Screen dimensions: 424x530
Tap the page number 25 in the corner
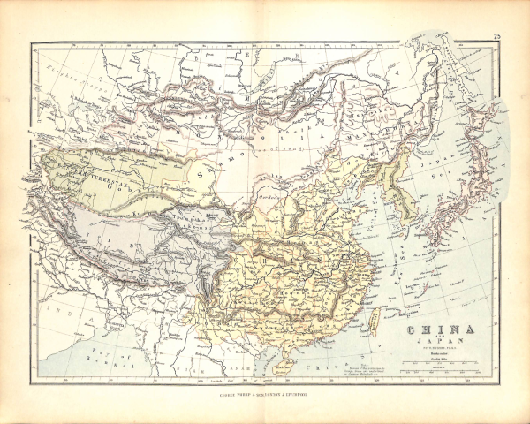[x=498, y=36]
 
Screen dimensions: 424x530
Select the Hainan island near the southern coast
[x=296, y=352]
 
